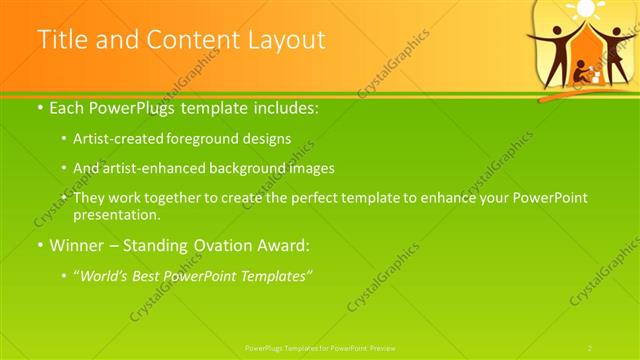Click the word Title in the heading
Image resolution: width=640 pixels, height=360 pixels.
tap(61, 40)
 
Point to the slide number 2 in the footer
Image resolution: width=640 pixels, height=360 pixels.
tap(590, 348)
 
